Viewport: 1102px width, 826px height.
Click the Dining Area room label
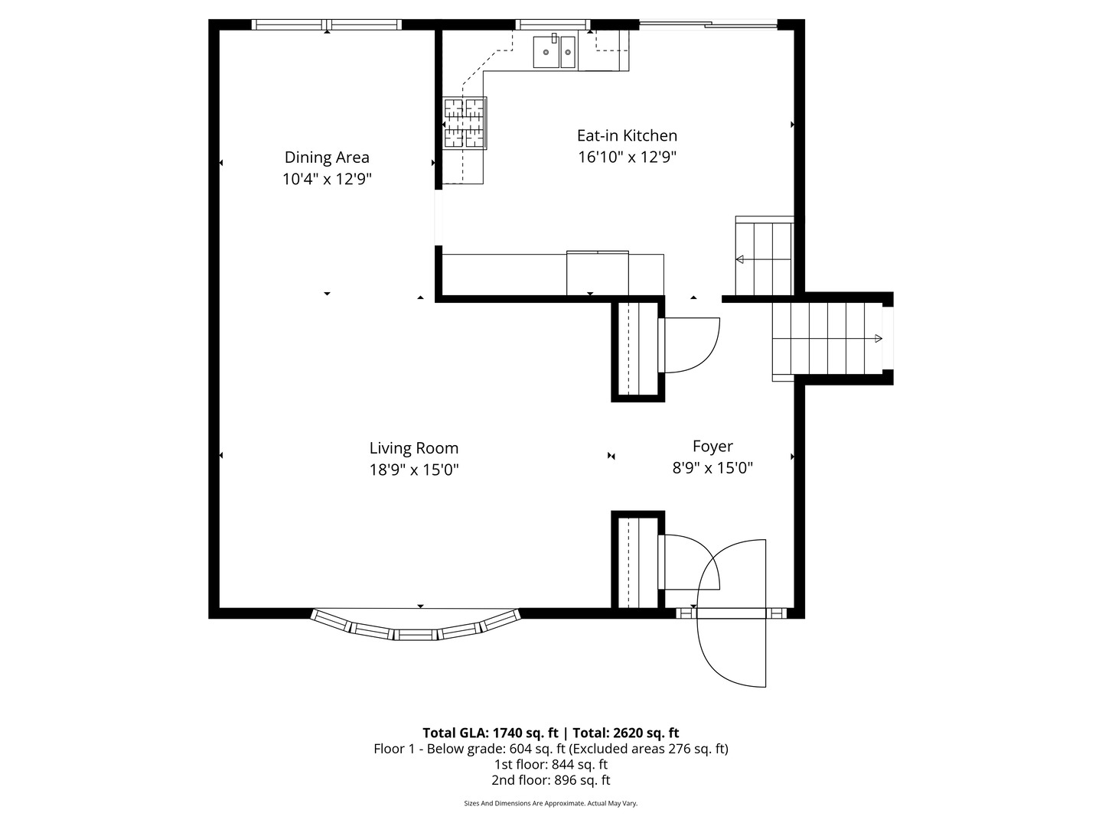[x=327, y=158]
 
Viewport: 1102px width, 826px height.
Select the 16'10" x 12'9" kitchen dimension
[x=627, y=158]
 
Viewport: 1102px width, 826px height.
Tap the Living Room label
[x=413, y=448]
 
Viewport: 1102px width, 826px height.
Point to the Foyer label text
[x=712, y=446]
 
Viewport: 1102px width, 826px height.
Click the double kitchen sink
[x=555, y=52]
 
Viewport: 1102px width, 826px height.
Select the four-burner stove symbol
[x=465, y=122]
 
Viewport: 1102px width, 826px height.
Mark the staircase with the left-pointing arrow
[x=764, y=257]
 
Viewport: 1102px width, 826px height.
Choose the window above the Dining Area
[x=327, y=24]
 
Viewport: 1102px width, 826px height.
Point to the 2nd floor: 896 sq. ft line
[x=550, y=780]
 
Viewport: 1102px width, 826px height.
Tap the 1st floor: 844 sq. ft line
[x=550, y=764]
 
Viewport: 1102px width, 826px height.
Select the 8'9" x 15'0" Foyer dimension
[x=712, y=468]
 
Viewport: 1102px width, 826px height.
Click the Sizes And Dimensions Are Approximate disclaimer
[x=550, y=803]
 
